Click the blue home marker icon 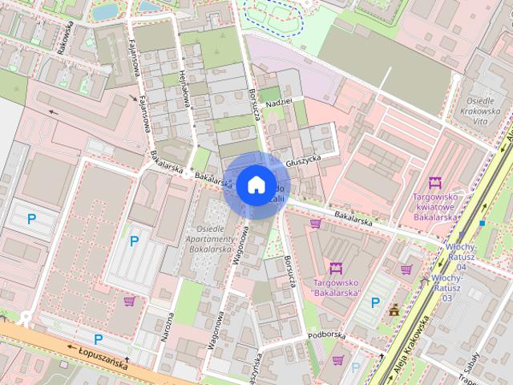256,184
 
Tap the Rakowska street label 65,36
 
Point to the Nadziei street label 278,102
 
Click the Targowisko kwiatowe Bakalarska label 435,206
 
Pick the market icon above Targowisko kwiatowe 435,183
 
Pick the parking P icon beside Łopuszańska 98,338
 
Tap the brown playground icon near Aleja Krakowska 394,310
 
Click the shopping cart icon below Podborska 338,359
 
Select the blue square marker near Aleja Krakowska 483,222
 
